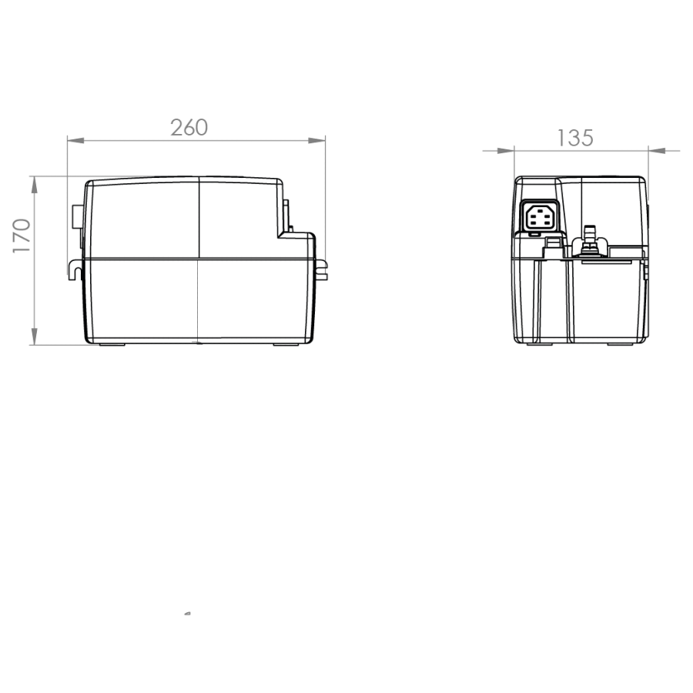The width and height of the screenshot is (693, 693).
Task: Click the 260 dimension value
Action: click(189, 127)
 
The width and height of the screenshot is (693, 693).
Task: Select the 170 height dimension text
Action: click(22, 236)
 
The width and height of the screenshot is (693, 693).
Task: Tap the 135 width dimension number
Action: click(575, 138)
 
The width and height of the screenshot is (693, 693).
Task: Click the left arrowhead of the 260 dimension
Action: click(75, 141)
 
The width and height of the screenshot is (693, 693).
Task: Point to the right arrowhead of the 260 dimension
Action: click(316, 141)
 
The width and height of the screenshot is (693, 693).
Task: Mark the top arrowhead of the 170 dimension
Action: click(35, 185)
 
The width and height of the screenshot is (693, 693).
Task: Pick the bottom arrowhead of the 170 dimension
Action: click(35, 336)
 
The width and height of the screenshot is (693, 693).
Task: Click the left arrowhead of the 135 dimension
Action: click(506, 151)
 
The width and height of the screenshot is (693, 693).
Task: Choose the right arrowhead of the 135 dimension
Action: click(658, 151)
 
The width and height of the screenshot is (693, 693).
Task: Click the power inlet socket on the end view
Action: click(539, 216)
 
